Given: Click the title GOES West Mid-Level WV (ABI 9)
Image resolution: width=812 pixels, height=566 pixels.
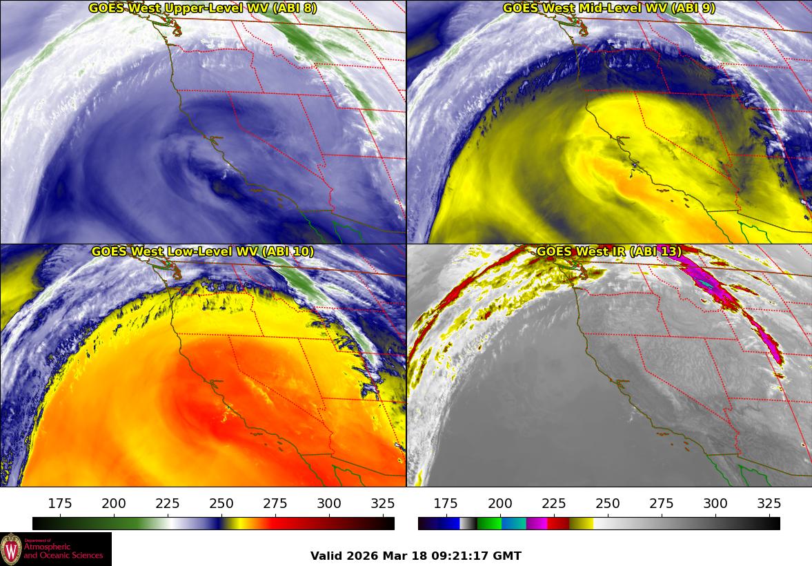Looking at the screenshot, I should pos(609,8).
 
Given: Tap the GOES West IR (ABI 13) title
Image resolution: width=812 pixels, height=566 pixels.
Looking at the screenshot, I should pos(609,251).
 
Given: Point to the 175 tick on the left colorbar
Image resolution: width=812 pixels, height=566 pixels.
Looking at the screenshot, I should pos(60,502).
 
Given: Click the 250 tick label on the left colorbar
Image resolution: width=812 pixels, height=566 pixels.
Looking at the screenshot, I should pos(221,502).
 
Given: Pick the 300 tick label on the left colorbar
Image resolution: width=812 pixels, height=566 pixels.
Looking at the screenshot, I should pos(329,502).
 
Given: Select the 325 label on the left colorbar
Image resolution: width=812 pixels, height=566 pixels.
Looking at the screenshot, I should pos(383,502).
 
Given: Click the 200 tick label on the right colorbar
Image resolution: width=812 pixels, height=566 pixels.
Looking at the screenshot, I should pos(500,502).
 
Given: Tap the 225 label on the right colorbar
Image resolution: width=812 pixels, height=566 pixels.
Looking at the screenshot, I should pos(554,502).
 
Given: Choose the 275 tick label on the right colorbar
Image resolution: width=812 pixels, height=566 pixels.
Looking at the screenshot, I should pos(662,502).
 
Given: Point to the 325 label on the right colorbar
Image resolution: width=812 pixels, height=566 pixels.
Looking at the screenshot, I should pos(769,502).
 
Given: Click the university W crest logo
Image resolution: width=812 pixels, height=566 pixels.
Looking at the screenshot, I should pos(12,549).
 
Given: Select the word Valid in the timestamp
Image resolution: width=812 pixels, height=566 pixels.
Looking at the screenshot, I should pos(324,556).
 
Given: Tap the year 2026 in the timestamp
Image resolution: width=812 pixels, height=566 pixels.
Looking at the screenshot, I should pos(359,556).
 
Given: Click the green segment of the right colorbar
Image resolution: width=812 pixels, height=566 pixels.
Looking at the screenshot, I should pos(489,523).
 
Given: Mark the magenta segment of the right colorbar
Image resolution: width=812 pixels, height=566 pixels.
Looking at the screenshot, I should pos(537,523).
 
